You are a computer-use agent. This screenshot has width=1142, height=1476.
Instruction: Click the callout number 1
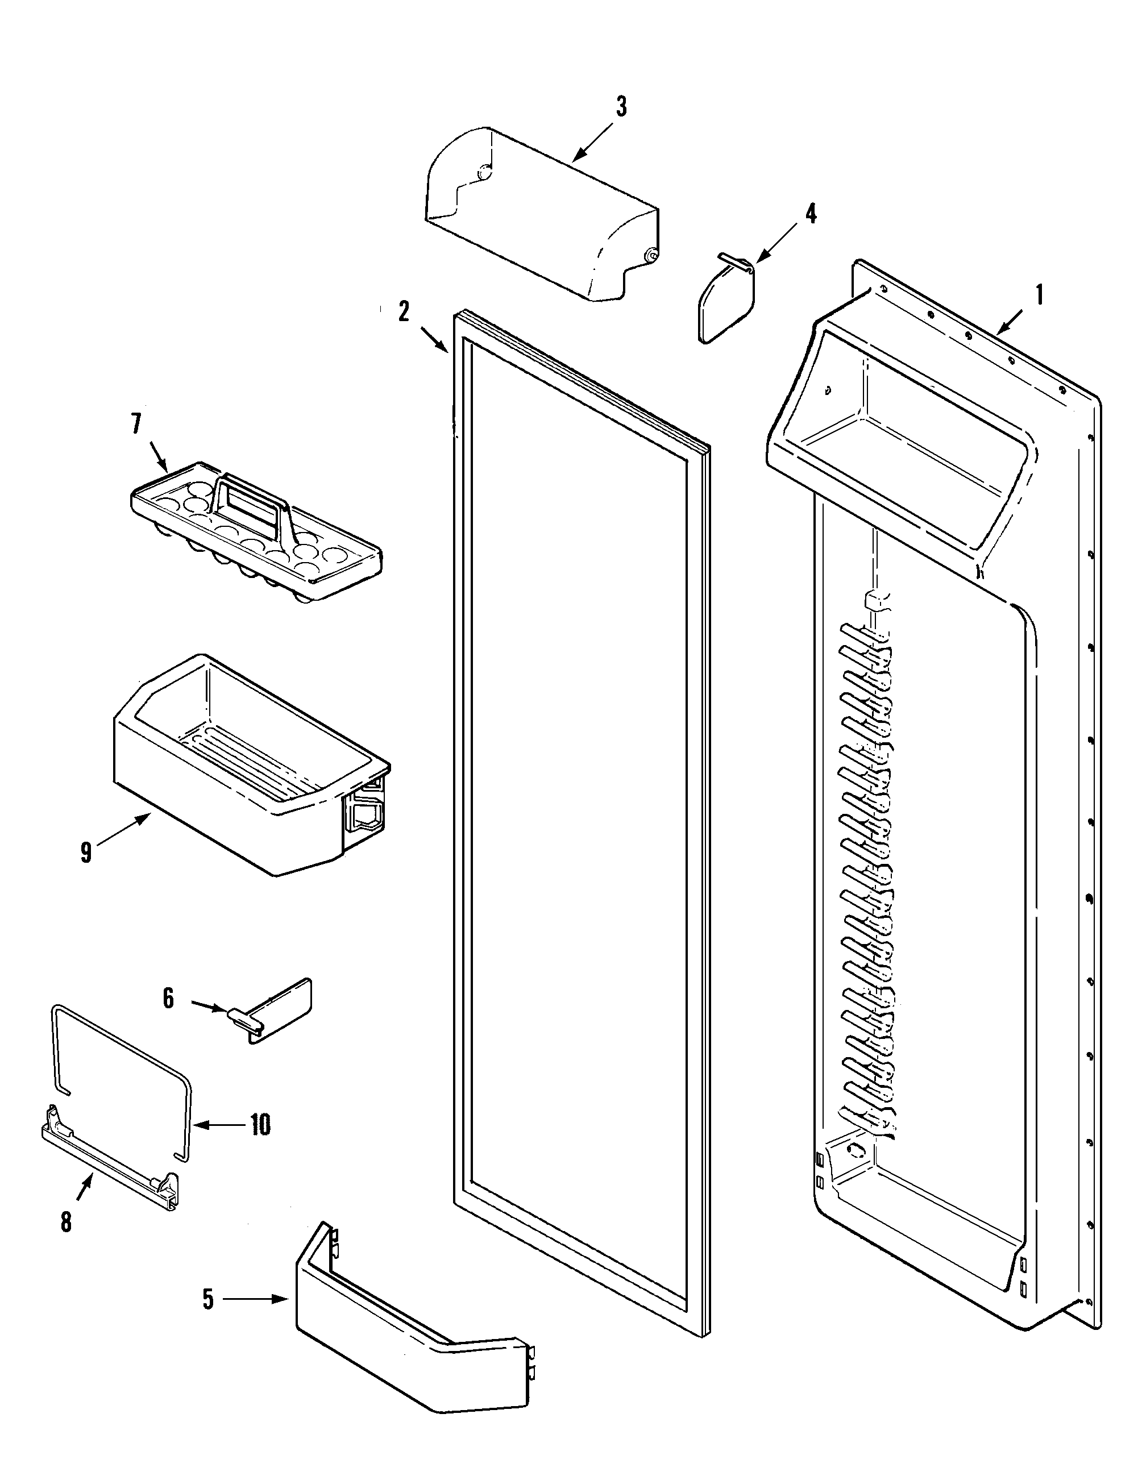(x=1039, y=296)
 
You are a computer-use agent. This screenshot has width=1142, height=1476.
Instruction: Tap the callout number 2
(x=404, y=312)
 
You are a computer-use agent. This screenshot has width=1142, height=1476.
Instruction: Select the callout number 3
(x=620, y=107)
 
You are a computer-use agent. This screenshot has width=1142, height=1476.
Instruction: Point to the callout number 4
(x=810, y=214)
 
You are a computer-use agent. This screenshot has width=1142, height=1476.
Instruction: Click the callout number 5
(x=208, y=1299)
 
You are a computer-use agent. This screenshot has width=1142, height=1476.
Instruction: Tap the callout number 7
(x=136, y=424)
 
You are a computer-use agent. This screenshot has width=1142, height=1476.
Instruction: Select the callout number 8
(x=66, y=1222)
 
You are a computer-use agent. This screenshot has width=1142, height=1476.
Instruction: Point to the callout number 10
(x=260, y=1125)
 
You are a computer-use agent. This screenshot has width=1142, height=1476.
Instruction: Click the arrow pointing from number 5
(x=257, y=1299)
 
